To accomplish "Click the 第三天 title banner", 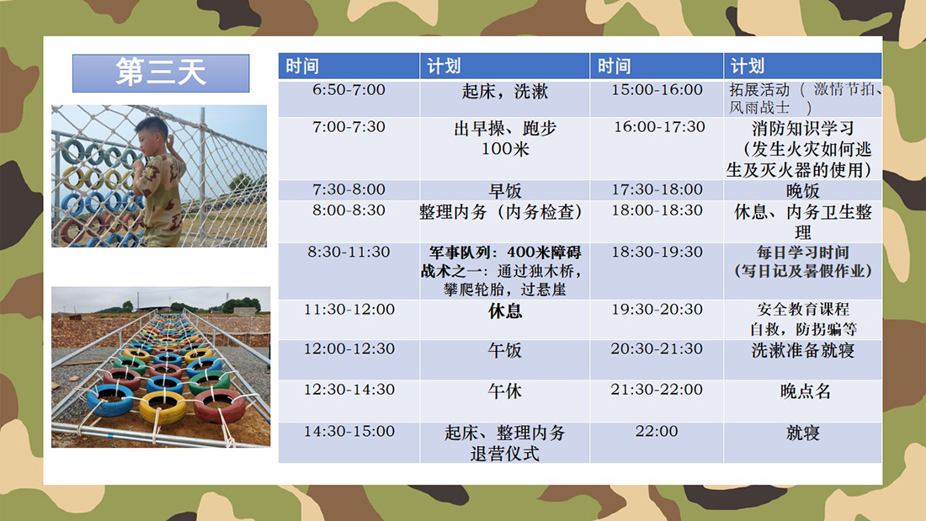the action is click(x=161, y=73).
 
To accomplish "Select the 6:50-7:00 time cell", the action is click(x=349, y=98).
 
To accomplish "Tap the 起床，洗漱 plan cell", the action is click(x=505, y=98).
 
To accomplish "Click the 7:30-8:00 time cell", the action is click(x=349, y=190).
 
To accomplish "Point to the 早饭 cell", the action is click(x=505, y=190).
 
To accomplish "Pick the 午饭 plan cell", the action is click(x=505, y=359).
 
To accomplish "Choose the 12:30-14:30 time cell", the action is click(x=349, y=401).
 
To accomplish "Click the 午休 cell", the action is click(x=505, y=401).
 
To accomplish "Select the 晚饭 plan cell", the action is click(x=802, y=190).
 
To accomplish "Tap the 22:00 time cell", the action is click(x=657, y=443).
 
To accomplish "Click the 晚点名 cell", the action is click(x=802, y=401).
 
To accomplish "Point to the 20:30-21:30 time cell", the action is click(x=657, y=359).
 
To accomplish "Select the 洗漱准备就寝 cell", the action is click(x=802, y=359).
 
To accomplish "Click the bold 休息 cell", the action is click(x=505, y=320).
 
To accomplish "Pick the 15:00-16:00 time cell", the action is click(x=657, y=98).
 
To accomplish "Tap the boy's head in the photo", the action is click(x=152, y=133).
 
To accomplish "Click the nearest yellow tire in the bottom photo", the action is click(x=163, y=407).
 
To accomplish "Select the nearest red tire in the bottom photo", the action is click(x=220, y=405).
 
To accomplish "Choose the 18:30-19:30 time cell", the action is click(x=657, y=271).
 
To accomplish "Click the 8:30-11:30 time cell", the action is click(x=349, y=271).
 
